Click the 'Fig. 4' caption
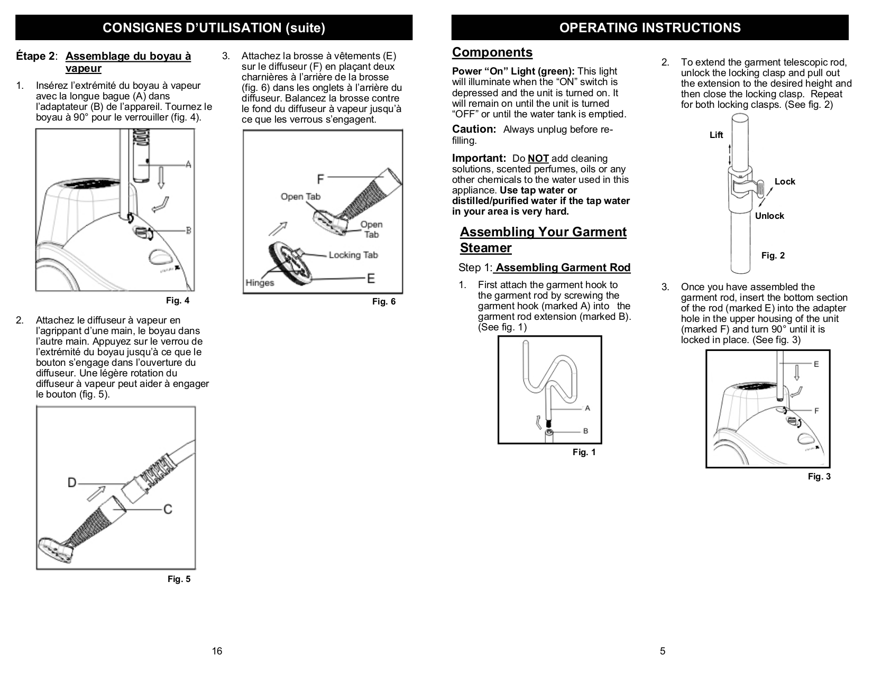(177, 301)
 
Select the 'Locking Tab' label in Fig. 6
(353, 255)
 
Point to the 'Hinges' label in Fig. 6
(260, 283)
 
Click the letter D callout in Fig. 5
(72, 482)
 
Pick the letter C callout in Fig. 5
(167, 509)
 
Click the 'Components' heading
(492, 52)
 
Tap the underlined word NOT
(538, 159)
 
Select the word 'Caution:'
(474, 130)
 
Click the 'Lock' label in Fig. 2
(784, 182)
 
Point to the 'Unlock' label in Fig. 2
(769, 216)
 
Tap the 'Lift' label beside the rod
(716, 135)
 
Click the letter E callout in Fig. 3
(816, 364)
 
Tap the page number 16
(217, 651)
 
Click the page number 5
(663, 651)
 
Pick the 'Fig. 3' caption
(819, 477)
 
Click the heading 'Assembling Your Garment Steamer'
(543, 240)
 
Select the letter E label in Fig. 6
(371, 278)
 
